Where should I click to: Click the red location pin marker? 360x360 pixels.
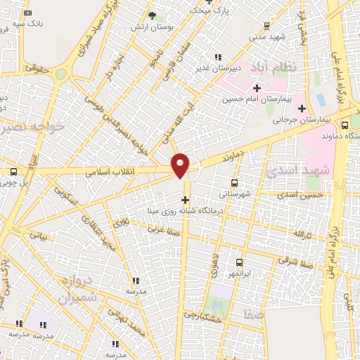click(181, 165)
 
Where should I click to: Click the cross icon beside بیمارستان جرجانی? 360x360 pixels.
click(302, 108)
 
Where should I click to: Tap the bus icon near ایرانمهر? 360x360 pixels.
click(240, 262)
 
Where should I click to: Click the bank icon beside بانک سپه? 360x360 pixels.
click(27, 13)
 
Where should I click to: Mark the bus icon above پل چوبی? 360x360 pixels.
click(14, 172)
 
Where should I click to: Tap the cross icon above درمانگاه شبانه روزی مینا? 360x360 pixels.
click(185, 200)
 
